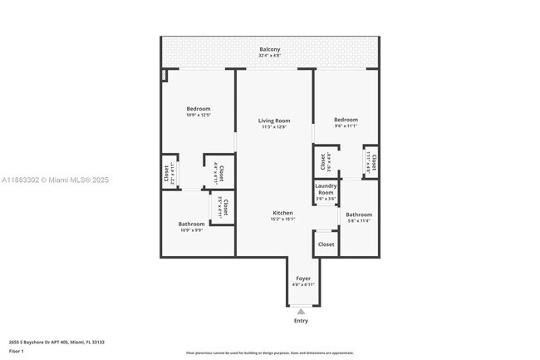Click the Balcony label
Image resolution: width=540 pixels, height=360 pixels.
[x=269, y=50]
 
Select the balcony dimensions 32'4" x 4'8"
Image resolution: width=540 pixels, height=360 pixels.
[x=269, y=56]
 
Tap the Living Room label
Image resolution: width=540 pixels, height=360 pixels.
[x=273, y=121]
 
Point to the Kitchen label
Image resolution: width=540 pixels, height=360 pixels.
[x=282, y=213]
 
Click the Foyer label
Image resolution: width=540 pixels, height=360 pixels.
[x=302, y=279]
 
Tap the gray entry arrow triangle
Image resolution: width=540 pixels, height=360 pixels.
[x=301, y=312]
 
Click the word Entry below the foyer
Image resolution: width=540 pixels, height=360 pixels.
[x=301, y=321]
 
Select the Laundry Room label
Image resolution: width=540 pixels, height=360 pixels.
[x=326, y=188]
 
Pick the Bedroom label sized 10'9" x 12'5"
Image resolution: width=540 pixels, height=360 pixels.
[x=198, y=109]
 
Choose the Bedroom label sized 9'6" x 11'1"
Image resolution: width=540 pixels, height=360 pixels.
[x=346, y=120]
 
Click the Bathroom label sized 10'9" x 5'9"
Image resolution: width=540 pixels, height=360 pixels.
[x=191, y=224]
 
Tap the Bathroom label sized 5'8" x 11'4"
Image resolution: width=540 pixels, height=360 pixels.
[x=359, y=215]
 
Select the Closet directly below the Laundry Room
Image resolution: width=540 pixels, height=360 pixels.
[x=326, y=244]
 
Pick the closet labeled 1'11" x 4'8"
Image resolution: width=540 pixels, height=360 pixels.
[x=373, y=161]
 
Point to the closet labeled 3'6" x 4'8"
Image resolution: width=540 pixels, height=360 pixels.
[x=324, y=161]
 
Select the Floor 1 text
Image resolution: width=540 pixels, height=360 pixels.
[x=17, y=352]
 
